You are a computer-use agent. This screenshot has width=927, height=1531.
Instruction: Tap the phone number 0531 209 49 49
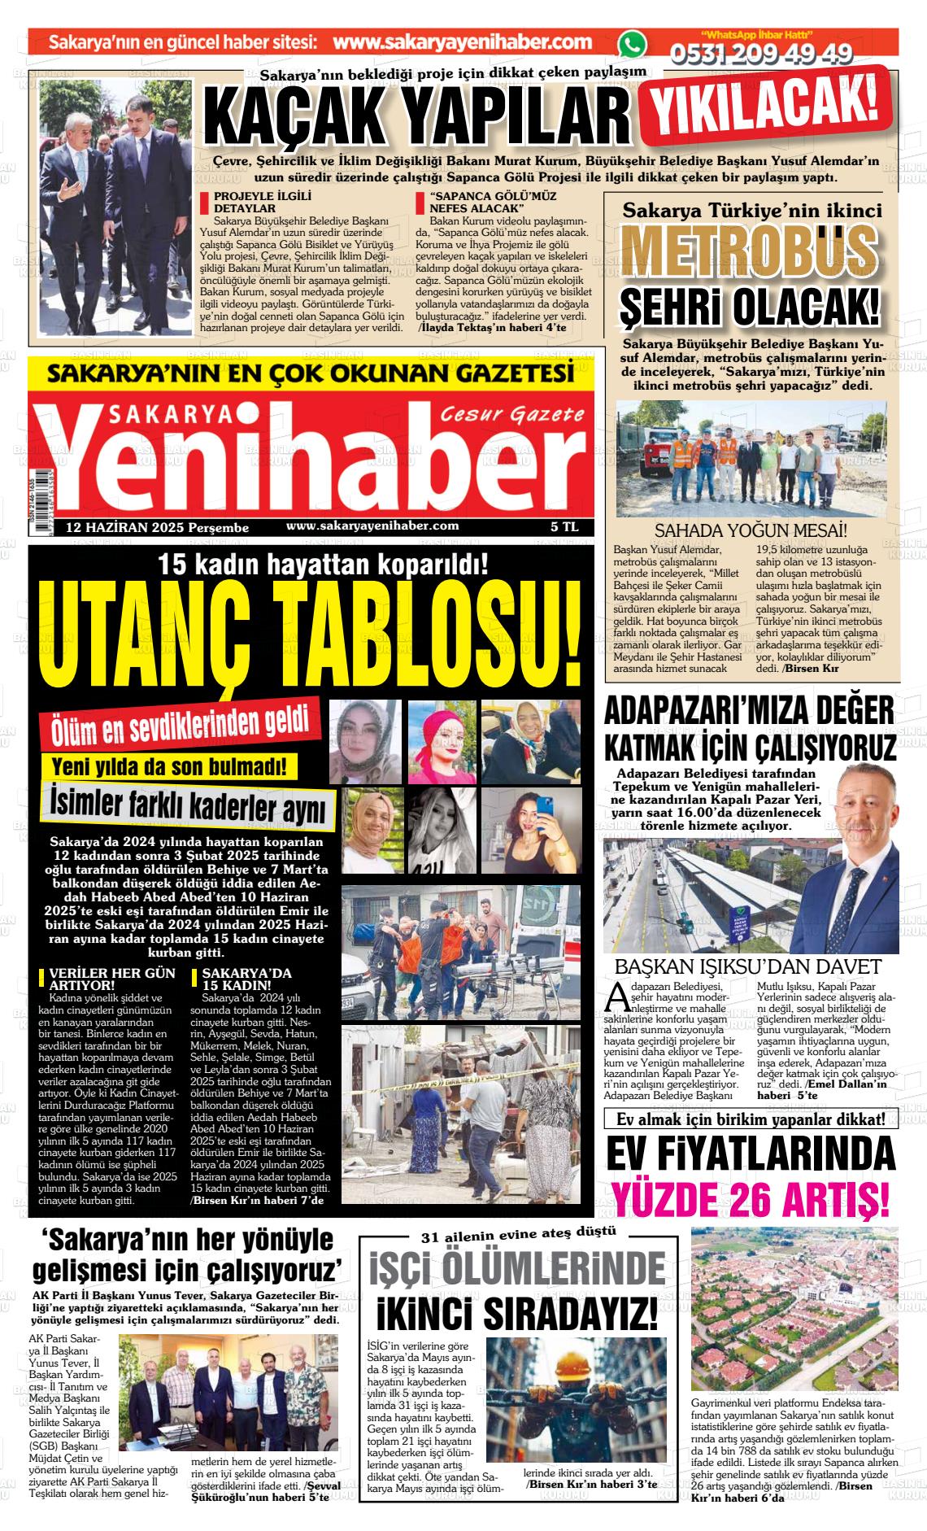point(761,54)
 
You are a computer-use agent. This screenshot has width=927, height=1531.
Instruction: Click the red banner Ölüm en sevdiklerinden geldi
point(181,724)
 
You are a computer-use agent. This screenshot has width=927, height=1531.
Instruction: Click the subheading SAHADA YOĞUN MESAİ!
point(751,531)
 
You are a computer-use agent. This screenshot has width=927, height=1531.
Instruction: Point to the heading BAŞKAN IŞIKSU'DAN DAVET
point(748,966)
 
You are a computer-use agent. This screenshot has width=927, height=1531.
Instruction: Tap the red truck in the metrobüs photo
point(641,449)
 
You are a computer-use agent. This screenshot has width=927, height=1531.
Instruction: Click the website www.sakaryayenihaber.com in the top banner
point(462,42)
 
